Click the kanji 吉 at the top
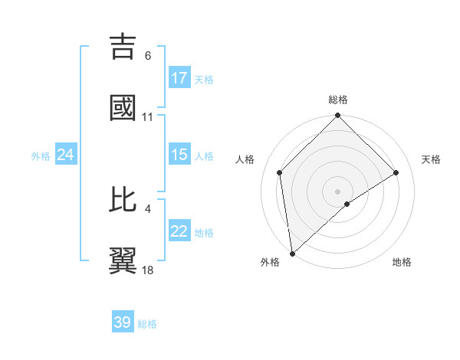[x=123, y=46]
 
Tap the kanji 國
[x=123, y=107]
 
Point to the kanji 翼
[x=123, y=260]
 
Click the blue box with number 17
[x=179, y=78]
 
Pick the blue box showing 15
[x=179, y=155]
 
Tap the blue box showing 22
[x=179, y=231]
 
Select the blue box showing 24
[x=66, y=155]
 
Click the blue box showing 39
[x=123, y=322]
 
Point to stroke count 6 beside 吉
[x=148, y=56]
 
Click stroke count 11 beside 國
[x=148, y=117]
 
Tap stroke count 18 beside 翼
[x=148, y=270]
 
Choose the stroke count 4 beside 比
[x=148, y=208]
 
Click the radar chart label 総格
[x=338, y=100]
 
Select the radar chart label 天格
[x=431, y=159]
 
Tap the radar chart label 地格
[x=402, y=262]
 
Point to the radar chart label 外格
[x=270, y=262]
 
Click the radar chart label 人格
[x=245, y=159]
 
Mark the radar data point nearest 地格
[x=347, y=204]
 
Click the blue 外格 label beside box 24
[x=41, y=155]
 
